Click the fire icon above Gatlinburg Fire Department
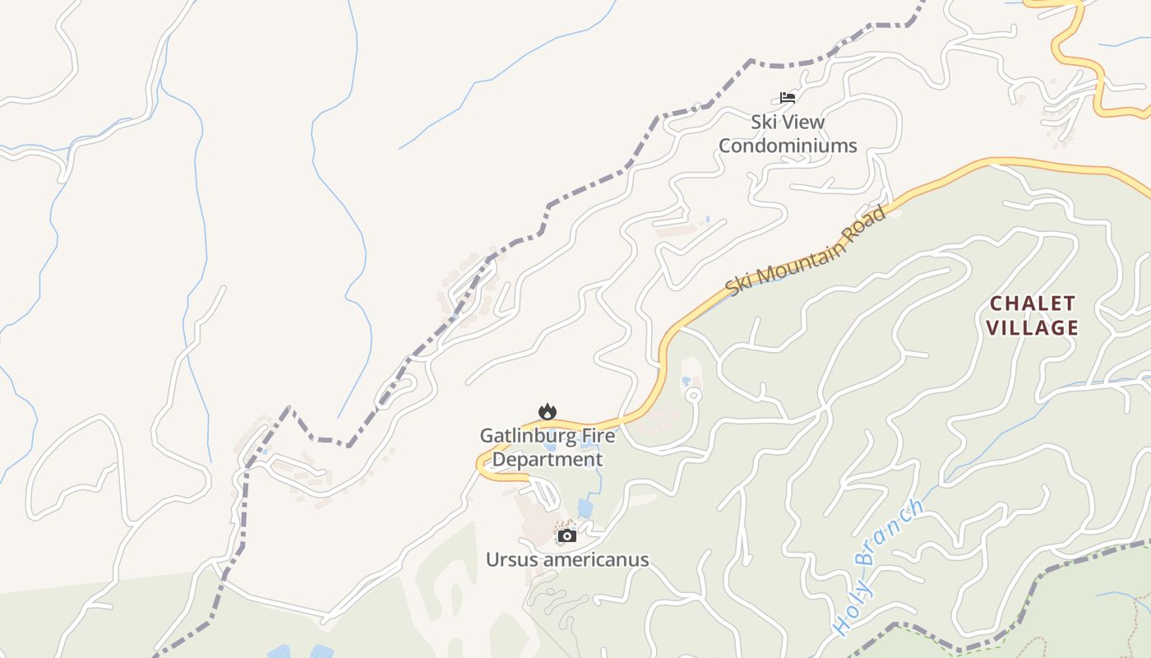pyautogui.click(x=547, y=411)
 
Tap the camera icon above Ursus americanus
pyautogui.click(x=566, y=536)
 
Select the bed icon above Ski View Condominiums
pyautogui.click(x=788, y=98)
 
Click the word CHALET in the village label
pyautogui.click(x=1033, y=304)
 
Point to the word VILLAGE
pyautogui.click(x=1033, y=327)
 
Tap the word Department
pyautogui.click(x=548, y=459)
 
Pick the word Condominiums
pyautogui.click(x=788, y=146)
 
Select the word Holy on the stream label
pyautogui.click(x=852, y=613)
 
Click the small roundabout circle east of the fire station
pyautogui.click(x=693, y=396)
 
